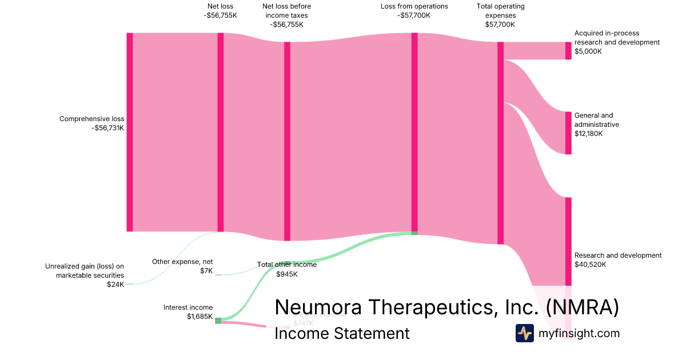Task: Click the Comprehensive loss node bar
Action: [x=130, y=132]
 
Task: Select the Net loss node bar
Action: [x=221, y=132]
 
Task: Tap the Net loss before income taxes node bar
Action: [x=288, y=141]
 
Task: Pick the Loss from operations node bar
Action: [x=414, y=132]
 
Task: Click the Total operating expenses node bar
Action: [x=500, y=143]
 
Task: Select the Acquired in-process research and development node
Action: [x=568, y=51]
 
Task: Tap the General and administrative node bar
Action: [x=568, y=133]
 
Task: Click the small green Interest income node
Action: [x=218, y=321]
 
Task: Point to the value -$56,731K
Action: [x=107, y=128]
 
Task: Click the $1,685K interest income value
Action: [x=200, y=316]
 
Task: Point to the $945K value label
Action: [x=287, y=274]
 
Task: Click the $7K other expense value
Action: [x=206, y=270]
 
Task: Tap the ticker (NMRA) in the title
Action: [x=582, y=307]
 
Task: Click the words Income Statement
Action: [x=342, y=333]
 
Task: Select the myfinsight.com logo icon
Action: [x=524, y=333]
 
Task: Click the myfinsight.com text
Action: [x=579, y=333]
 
